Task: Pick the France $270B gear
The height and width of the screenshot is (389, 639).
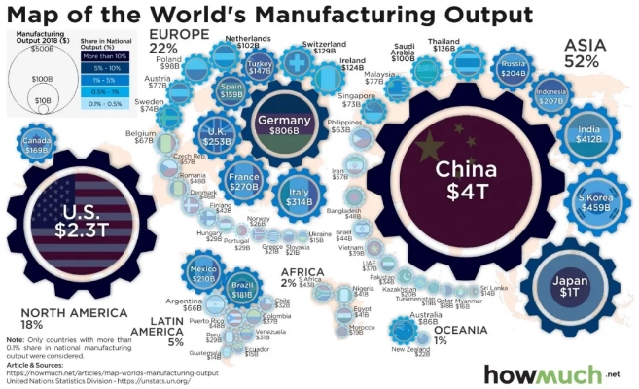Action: (246, 180)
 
